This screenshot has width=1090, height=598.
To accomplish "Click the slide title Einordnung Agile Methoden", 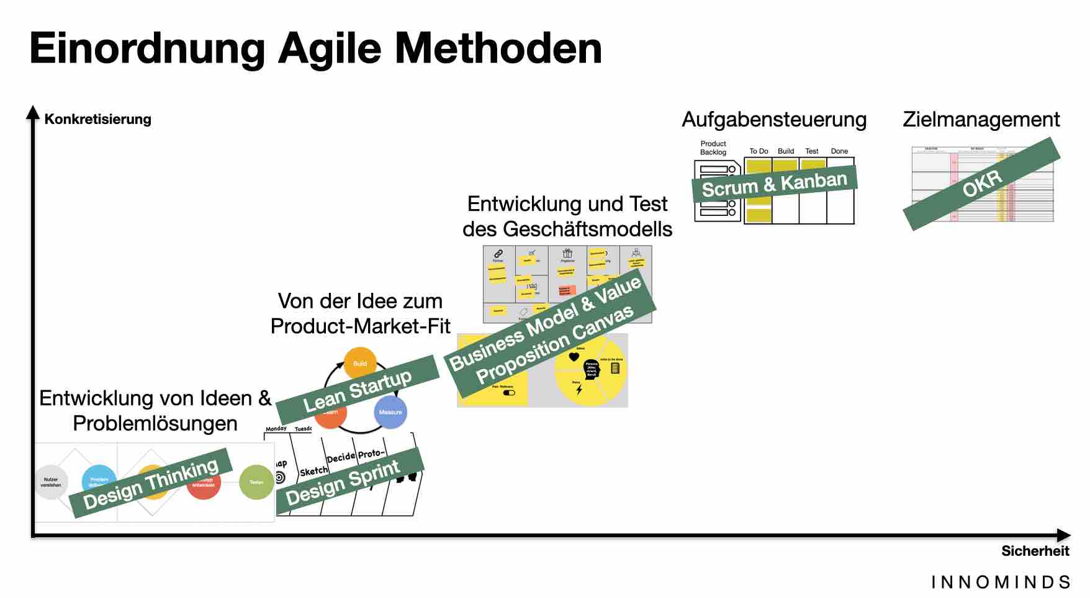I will coord(315,48).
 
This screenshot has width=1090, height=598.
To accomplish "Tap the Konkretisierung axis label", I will coord(97,119).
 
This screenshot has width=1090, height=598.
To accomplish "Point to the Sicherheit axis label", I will coord(1035,551).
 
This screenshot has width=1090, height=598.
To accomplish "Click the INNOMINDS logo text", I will coord(1001,582).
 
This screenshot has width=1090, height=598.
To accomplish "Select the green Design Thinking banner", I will coord(151,483).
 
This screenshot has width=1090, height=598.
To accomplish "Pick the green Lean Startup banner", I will coord(357,390).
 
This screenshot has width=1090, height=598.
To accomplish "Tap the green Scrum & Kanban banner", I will coord(774,184).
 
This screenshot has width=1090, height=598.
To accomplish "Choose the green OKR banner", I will coord(982,184).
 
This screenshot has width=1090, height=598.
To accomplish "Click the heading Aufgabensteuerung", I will coord(774,119).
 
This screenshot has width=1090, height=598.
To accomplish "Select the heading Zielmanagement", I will coord(981,119).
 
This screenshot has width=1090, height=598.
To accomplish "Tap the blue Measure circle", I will coord(390,413).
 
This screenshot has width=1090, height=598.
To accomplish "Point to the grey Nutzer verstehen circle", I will coord(51,482).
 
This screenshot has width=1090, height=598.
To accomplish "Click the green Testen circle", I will coord(256,482).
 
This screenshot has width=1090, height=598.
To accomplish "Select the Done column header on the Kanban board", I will coord(839,151).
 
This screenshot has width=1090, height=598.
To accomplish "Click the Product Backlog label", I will coord(713,148).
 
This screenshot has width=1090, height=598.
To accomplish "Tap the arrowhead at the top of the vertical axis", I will coord(32,112).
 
